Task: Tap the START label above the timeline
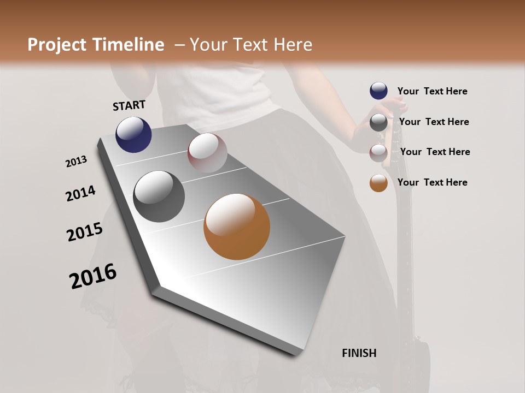pyautogui.click(x=129, y=105)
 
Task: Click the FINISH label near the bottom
pyautogui.click(x=359, y=353)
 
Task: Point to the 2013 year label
pyautogui.click(x=76, y=162)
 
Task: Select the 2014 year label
pyautogui.click(x=80, y=193)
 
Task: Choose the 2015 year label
pyautogui.click(x=85, y=232)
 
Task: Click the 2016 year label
pyautogui.click(x=93, y=276)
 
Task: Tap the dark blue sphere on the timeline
pyautogui.click(x=133, y=134)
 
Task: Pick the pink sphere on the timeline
pyautogui.click(x=207, y=152)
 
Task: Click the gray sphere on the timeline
pyautogui.click(x=159, y=196)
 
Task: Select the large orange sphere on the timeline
pyautogui.click(x=237, y=227)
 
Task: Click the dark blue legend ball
pyautogui.click(x=378, y=91)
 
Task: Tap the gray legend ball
pyautogui.click(x=378, y=122)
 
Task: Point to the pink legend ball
pyautogui.click(x=378, y=152)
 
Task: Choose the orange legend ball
pyautogui.click(x=378, y=183)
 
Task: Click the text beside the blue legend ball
pyautogui.click(x=432, y=92)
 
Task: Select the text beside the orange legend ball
pyautogui.click(x=432, y=182)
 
